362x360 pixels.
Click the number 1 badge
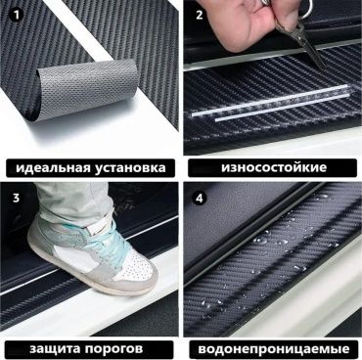pos(17,15)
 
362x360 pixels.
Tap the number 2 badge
pos(200,15)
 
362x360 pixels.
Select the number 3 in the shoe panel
pos(17,198)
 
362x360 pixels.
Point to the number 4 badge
pos(200,198)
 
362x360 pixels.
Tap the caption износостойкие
pos(274,167)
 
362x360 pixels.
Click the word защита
pos(55,349)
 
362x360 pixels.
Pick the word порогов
pos(114,349)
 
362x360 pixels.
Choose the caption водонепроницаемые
pos(274,349)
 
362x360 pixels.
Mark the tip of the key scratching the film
pos(324,67)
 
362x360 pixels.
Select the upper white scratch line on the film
pos(270,100)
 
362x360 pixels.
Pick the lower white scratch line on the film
pos(282,108)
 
